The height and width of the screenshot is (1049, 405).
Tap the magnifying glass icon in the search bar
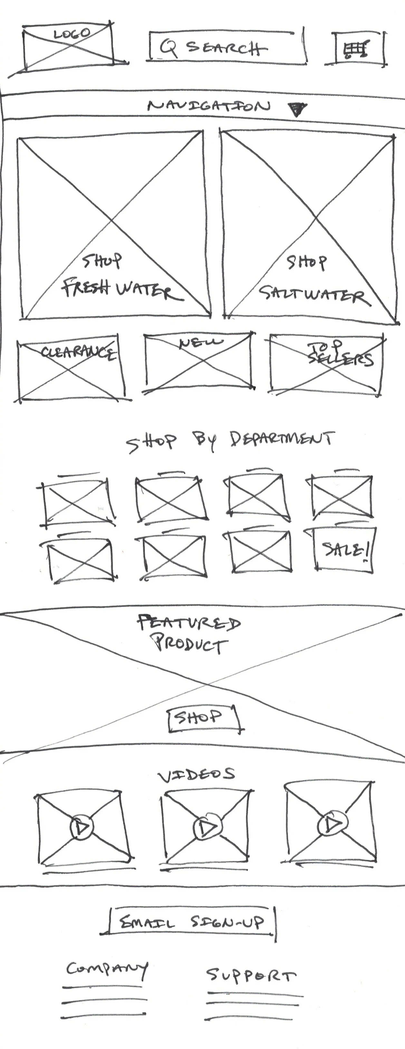point(168,48)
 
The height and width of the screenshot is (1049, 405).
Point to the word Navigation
point(208,106)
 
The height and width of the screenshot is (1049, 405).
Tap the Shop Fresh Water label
point(118,277)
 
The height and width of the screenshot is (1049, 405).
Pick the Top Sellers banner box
point(326,364)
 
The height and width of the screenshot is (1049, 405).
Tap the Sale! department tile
point(345,549)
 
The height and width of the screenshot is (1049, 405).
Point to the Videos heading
point(197,775)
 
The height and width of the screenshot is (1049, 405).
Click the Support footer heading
point(251,975)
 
